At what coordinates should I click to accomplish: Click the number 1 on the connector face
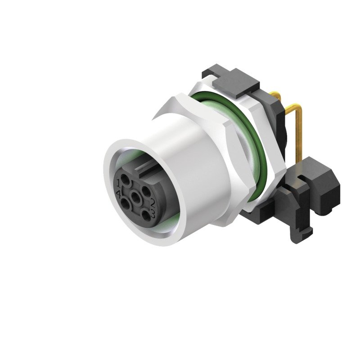tap(118, 182)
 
